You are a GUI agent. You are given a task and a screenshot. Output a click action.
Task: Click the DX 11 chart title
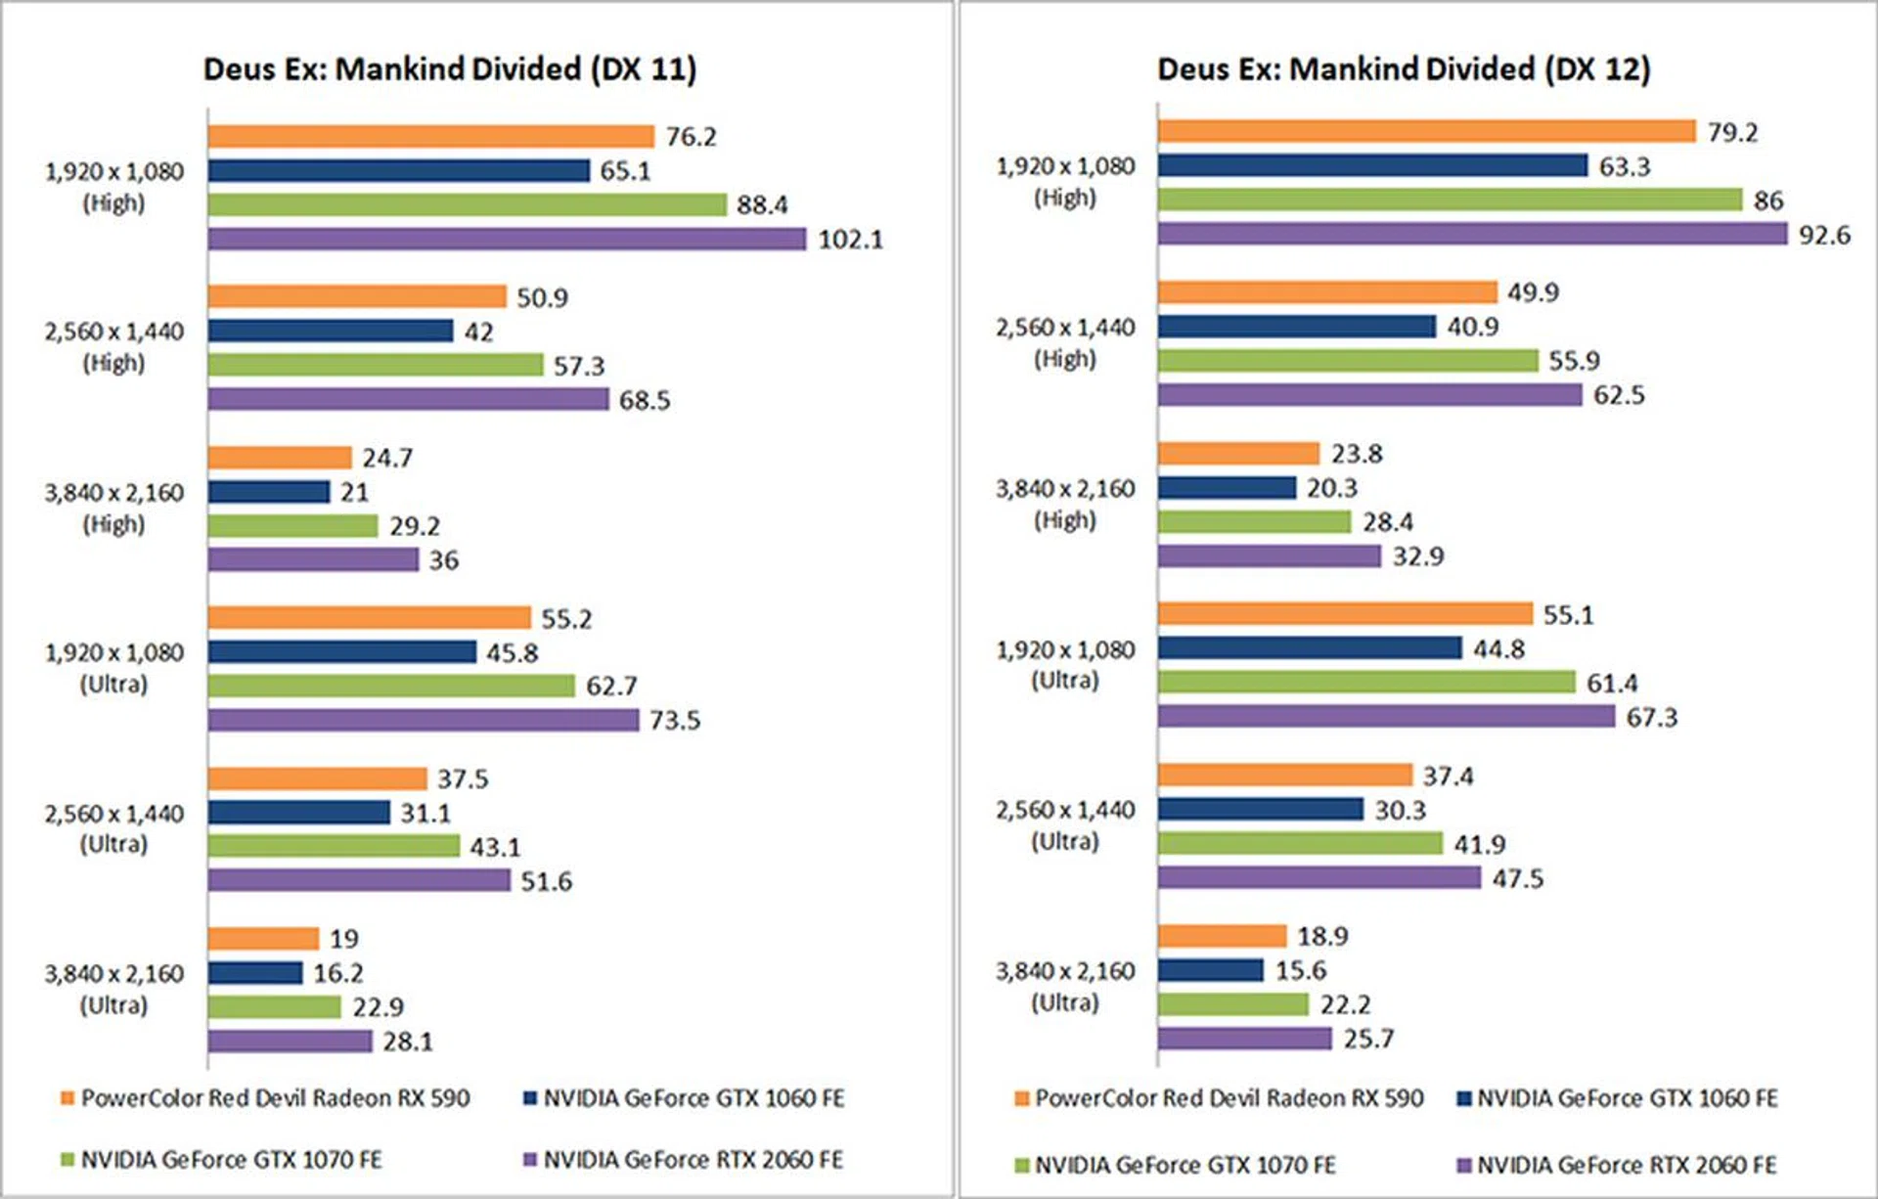coord(450,69)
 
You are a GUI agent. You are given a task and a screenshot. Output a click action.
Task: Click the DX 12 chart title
coord(1404,69)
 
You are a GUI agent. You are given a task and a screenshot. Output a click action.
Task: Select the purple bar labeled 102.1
coord(507,239)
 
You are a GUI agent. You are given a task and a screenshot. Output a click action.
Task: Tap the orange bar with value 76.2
coord(430,136)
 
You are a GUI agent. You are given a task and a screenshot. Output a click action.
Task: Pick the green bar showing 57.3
coord(375,365)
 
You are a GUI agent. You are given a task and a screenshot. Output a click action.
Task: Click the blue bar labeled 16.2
coord(255,973)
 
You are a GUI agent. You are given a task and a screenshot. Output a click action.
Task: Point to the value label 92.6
coord(1824,235)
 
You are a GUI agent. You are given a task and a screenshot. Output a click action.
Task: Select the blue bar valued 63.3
coord(1372,166)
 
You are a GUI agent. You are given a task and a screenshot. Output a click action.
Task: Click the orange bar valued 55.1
coord(1345,614)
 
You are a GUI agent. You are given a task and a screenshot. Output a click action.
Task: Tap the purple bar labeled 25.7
coord(1244,1039)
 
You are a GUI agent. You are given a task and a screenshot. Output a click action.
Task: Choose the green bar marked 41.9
coord(1300,843)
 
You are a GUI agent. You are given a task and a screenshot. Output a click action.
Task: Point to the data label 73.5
coord(675,721)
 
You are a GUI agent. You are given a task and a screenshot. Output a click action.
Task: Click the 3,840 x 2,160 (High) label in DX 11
coord(113,508)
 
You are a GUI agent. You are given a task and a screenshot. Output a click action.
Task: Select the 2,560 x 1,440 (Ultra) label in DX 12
coord(1065,825)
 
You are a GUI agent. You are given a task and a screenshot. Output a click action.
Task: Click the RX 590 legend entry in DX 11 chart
coord(265,1098)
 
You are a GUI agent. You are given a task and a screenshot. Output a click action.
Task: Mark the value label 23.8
coord(1357,454)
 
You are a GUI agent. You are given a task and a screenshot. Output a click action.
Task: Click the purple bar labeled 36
coord(313,559)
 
